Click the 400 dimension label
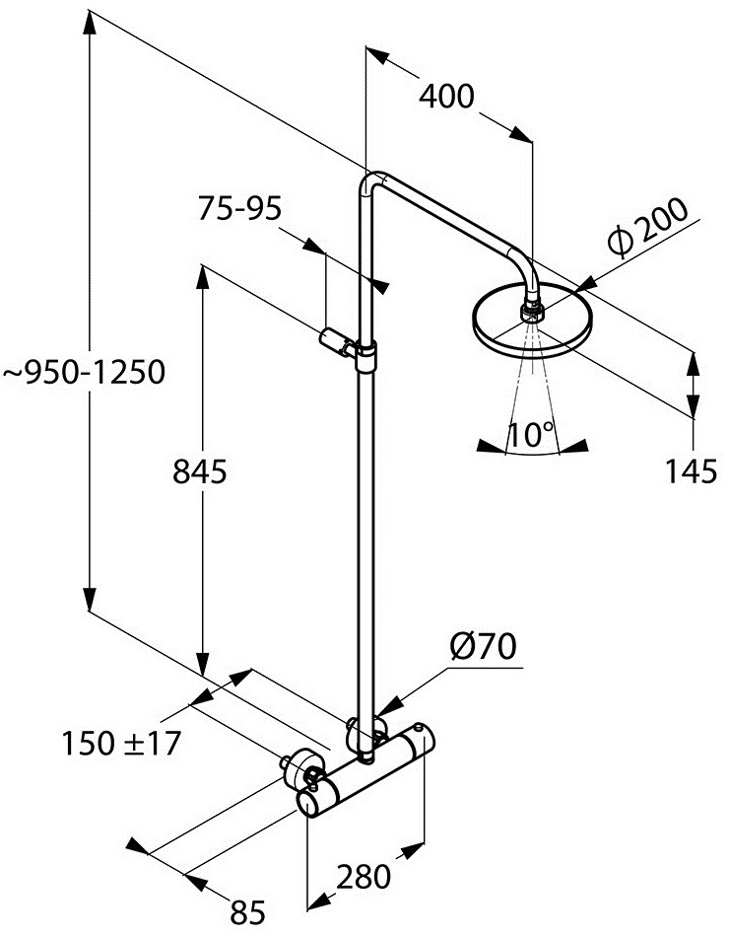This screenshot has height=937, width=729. (x=446, y=97)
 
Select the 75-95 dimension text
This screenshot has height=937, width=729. (x=239, y=208)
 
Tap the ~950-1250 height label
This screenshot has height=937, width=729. (x=83, y=373)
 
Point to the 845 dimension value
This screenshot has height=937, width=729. (x=200, y=472)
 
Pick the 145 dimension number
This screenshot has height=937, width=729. (x=690, y=473)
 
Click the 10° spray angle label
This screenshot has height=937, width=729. (x=532, y=435)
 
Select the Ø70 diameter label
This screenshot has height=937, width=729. (x=483, y=647)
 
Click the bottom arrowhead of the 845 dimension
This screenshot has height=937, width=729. (x=203, y=668)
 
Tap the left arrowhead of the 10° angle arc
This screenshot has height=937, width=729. (x=485, y=445)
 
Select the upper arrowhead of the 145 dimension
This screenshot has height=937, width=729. (x=694, y=362)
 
